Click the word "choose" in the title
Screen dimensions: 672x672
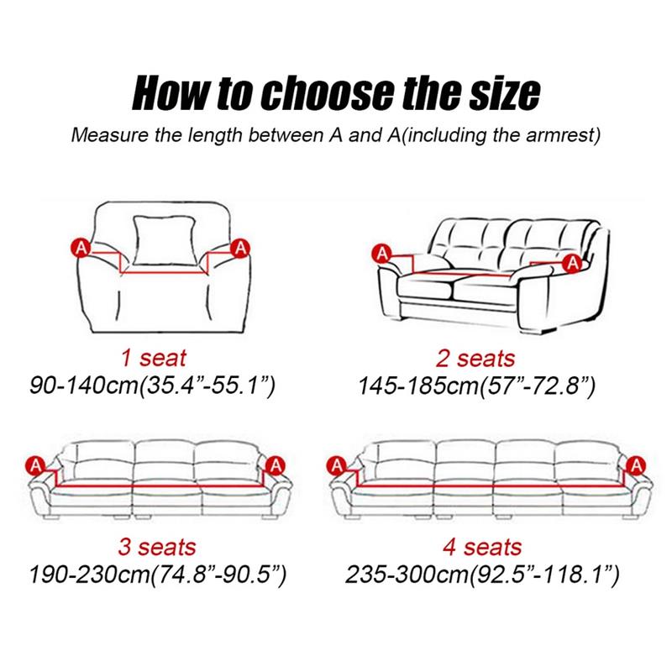coord(328,93)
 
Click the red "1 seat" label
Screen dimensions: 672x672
coord(154,358)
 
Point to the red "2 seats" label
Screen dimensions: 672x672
coord(475,358)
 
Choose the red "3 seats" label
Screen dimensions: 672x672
coord(157,548)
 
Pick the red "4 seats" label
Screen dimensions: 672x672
coord(482,548)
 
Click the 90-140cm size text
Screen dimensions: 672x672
coord(152,385)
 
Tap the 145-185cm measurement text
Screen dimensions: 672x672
coord(476,385)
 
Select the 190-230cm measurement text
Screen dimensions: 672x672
coord(157,575)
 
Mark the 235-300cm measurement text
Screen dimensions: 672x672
coord(482,575)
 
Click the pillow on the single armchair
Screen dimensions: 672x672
coord(165,240)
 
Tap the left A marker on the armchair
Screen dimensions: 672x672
coord(81,248)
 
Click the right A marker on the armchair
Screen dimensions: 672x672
coord(241,248)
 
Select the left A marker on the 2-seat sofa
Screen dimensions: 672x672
coord(382,255)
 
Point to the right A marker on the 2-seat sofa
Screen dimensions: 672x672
coord(572,263)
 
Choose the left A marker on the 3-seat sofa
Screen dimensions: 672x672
coord(36,465)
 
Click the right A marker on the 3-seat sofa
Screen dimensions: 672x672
coord(276,465)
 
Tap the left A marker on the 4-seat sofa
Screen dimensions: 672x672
coord(337,465)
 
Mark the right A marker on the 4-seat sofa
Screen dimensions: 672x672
coord(637,465)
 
